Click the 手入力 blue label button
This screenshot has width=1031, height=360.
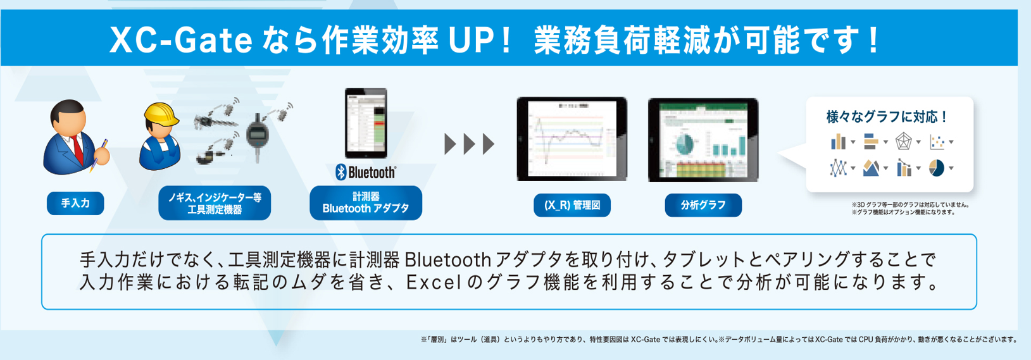click(x=75, y=203)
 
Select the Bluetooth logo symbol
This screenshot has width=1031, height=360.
click(x=341, y=172)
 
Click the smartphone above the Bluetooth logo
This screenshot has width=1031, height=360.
click(x=366, y=123)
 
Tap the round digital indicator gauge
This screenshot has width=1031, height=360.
click(x=258, y=136)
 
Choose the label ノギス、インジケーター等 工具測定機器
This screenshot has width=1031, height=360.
click(x=215, y=203)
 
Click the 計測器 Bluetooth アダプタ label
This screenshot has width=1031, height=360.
click(x=365, y=203)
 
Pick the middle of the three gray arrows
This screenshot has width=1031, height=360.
click(x=469, y=144)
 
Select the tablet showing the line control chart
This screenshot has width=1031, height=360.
click(x=572, y=139)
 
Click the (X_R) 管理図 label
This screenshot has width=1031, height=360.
click(x=572, y=205)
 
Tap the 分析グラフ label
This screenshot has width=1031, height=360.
click(x=703, y=205)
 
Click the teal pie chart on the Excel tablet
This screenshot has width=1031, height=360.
click(x=684, y=144)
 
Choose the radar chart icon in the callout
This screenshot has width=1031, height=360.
click(x=903, y=142)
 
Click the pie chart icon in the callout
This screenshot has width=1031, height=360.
click(x=936, y=168)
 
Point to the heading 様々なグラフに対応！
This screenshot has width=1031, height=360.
click(x=887, y=117)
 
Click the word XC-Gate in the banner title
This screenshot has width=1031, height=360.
click(x=181, y=41)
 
